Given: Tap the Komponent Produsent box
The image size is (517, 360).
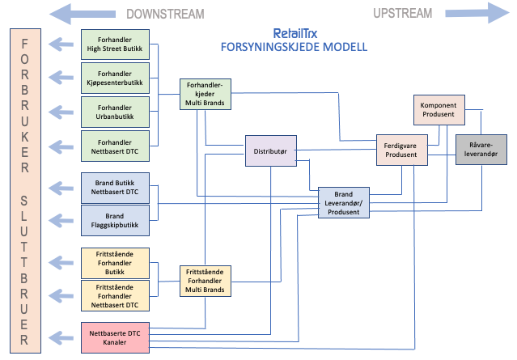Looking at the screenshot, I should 438,110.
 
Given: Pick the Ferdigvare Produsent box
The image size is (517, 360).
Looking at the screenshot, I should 400,150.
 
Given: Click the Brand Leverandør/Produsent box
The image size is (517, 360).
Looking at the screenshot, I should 344,202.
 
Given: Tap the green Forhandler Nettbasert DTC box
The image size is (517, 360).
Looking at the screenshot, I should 116,144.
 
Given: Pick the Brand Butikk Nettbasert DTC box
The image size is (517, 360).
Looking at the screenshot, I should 116,186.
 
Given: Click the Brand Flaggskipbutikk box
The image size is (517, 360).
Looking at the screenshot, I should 116,220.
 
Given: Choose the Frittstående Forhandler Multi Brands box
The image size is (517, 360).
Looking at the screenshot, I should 206,280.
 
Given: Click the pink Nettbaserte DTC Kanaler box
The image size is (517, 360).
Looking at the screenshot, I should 116,337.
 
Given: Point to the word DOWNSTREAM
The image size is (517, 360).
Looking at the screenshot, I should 165,13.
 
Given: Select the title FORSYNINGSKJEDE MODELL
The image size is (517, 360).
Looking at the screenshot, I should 294,47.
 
